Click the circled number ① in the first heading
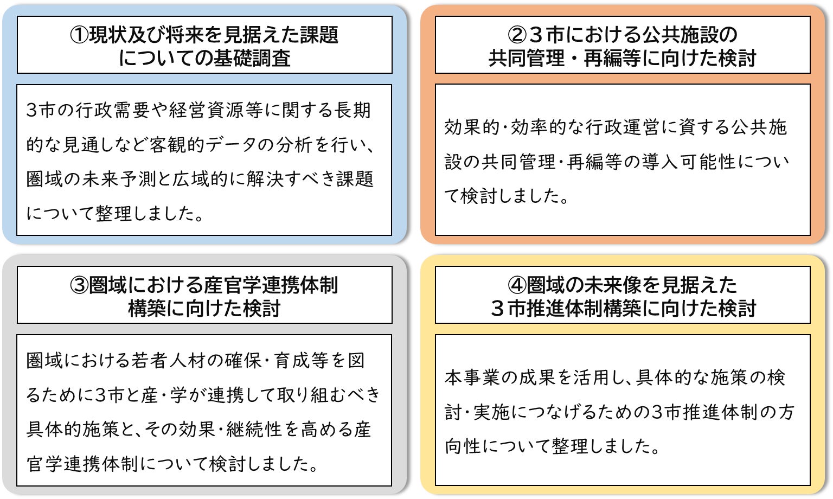(79, 35)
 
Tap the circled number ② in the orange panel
(517, 35)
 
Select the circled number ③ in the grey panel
(79, 285)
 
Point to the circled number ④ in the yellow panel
(517, 285)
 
